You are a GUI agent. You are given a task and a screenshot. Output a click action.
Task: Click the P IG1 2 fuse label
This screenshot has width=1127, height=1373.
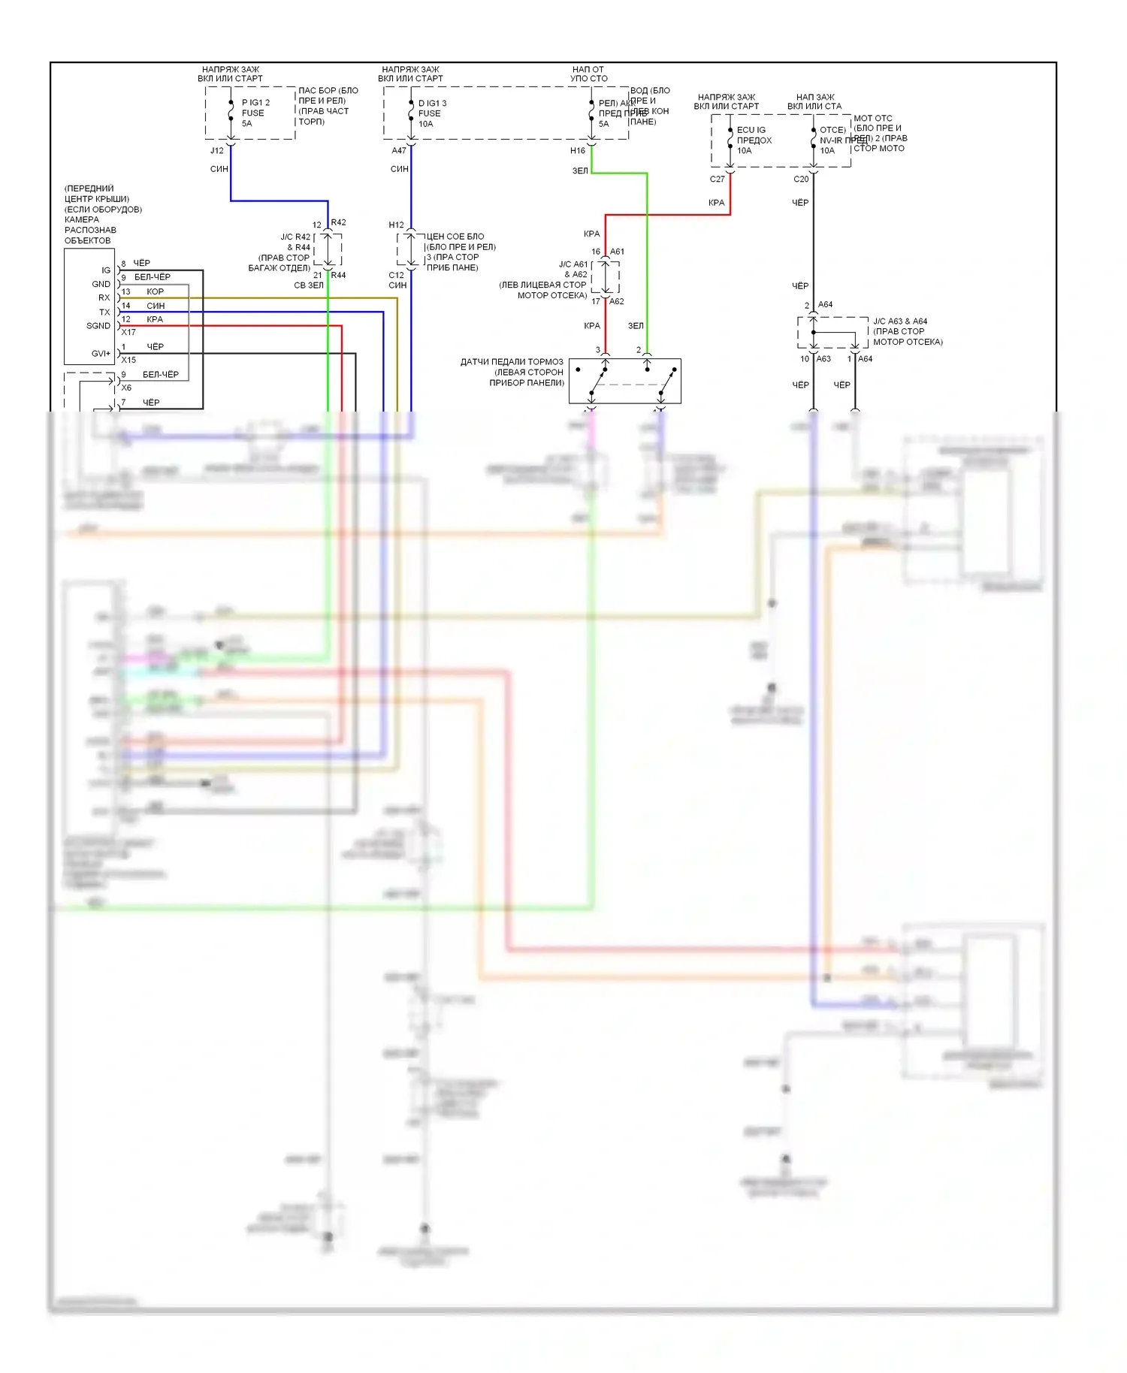pos(255,103)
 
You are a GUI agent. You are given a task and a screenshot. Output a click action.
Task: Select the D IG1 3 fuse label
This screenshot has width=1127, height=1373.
pos(432,104)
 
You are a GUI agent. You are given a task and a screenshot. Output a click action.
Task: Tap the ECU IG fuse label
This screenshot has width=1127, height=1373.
pos(751,130)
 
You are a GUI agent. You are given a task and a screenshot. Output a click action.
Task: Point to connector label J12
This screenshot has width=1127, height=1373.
pos(216,151)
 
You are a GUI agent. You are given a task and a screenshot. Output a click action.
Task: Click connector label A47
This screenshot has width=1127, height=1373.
pos(399,151)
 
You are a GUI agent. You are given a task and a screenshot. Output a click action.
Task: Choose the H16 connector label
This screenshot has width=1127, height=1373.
pos(577,151)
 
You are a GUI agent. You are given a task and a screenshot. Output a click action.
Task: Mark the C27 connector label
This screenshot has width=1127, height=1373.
pos(717,180)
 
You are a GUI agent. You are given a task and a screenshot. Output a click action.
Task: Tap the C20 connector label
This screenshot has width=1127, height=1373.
pos(801,180)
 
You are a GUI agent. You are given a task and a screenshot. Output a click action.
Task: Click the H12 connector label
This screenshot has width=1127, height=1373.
pos(396,225)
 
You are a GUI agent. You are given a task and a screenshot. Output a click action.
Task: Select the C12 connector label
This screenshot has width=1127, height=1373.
pos(396,275)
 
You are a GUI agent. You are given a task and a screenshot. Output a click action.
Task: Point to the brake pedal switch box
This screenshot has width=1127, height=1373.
pos(624,382)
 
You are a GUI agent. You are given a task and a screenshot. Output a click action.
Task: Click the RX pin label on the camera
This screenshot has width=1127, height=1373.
pos(104,298)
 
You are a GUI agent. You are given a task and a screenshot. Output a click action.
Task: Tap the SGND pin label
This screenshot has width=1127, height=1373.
pos(98,326)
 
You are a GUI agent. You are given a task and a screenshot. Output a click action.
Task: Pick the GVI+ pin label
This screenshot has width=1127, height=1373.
pos(101,354)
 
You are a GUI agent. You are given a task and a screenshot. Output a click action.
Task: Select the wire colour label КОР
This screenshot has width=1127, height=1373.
pos(155,291)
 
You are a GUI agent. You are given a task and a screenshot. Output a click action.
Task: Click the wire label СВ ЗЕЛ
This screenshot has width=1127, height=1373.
pos(308,285)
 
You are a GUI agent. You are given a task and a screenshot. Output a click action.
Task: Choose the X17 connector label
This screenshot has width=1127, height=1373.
pos(128,332)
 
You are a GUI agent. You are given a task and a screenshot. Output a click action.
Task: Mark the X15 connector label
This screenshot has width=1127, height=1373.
pos(128,360)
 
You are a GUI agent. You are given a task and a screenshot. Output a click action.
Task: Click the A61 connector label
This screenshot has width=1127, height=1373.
pos(617,252)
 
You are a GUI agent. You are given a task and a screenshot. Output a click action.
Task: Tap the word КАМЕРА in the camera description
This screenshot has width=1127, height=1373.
pos(82,220)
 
